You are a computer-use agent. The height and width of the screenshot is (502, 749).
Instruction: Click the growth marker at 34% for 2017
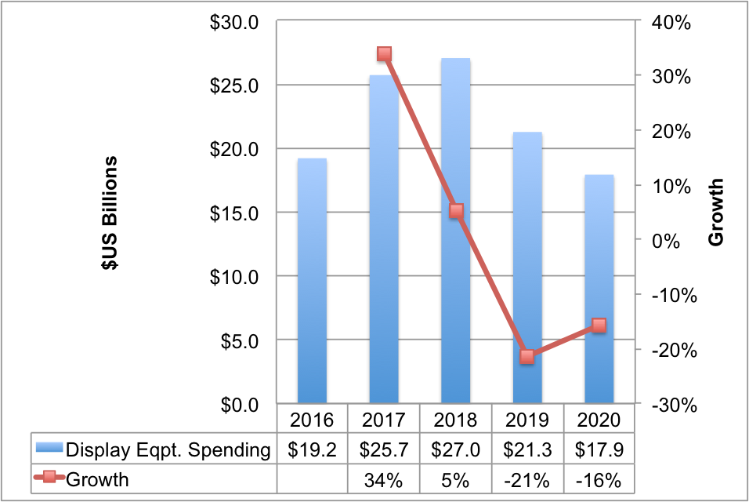(384, 54)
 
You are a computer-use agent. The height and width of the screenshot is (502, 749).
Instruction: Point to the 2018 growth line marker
(456, 211)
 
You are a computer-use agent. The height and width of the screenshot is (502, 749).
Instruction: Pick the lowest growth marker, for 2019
(527, 357)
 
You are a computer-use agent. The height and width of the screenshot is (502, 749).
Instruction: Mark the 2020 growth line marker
(599, 326)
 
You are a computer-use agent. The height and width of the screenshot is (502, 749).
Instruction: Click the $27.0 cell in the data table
(455, 450)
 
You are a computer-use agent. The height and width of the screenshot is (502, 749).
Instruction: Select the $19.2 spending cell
(313, 450)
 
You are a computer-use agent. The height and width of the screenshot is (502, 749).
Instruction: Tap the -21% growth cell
(527, 478)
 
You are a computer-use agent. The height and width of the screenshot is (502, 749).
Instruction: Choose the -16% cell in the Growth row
(599, 478)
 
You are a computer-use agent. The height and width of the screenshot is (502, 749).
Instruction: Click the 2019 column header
(527, 420)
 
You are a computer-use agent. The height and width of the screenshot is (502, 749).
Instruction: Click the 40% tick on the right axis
(671, 23)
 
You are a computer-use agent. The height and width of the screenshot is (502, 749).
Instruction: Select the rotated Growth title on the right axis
(716, 213)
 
